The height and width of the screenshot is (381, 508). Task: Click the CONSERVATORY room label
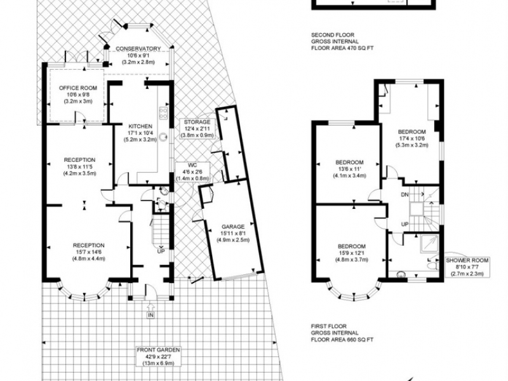click(138, 49)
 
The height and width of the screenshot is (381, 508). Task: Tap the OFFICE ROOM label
click(77, 88)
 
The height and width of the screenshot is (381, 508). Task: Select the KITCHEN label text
click(140, 126)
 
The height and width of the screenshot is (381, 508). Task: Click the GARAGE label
click(233, 227)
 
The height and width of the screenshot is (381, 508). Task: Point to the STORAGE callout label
click(197, 122)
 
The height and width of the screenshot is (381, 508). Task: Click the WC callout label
click(192, 165)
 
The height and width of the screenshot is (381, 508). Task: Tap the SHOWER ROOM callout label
click(467, 260)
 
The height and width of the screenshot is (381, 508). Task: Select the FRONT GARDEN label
click(158, 350)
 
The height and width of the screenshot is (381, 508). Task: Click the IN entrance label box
click(150, 315)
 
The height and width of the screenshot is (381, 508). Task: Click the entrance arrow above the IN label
click(150, 306)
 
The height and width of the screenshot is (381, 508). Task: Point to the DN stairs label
click(404, 195)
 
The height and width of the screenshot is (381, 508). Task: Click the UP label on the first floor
click(404, 224)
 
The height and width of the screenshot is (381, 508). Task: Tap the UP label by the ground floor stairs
click(161, 251)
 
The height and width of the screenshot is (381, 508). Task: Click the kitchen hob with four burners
click(163, 112)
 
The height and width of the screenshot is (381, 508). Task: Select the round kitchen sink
click(164, 137)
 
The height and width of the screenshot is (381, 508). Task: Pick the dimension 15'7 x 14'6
click(88, 252)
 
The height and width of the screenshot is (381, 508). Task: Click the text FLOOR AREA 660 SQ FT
click(342, 340)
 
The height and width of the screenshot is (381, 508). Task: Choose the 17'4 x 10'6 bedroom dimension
click(411, 138)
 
